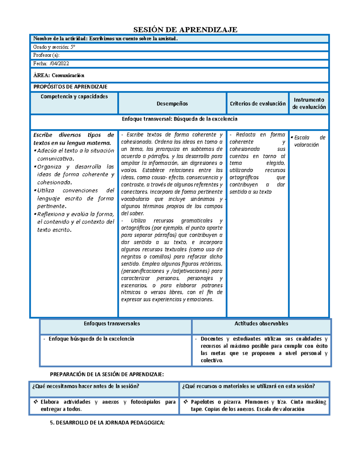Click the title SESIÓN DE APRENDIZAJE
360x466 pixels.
pos(185,29)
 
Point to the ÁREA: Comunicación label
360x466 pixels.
pos(59,75)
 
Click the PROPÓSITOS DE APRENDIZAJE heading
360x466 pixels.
pos(70,87)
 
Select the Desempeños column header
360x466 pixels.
pos(172,104)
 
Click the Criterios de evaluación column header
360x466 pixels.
pos(257,104)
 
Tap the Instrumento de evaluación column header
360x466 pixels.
pos(309,103)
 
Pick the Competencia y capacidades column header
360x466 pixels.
pos(74,96)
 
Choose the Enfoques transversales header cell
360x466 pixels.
pos(112,323)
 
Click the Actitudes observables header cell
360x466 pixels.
pos(261,323)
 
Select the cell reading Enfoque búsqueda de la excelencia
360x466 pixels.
pos(91,339)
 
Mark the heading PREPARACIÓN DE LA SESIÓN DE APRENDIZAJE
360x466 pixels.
pos(107,374)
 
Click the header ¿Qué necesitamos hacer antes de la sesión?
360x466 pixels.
pos(86,386)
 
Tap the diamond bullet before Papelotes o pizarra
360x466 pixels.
pos(186,402)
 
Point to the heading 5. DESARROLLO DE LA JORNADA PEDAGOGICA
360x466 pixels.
pos(107,422)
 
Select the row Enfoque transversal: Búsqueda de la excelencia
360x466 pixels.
pos(179,119)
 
